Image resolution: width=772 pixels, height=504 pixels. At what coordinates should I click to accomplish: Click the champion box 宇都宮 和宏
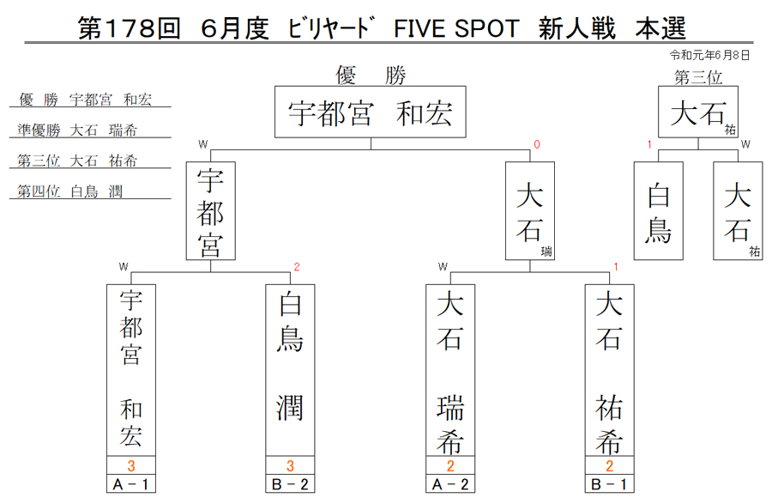click(371, 112)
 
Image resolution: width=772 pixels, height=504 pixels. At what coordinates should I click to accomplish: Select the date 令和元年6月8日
click(709, 55)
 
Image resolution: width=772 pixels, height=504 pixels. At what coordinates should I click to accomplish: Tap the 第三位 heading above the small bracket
click(698, 77)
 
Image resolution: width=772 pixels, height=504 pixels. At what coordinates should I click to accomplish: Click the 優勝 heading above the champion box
click(371, 76)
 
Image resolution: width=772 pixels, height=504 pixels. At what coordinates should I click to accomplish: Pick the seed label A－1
click(131, 484)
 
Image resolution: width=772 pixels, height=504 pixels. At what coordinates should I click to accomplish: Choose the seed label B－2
click(290, 484)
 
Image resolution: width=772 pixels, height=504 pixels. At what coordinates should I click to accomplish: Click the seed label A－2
click(450, 484)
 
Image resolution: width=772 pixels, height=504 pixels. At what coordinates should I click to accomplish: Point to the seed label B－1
click(610, 484)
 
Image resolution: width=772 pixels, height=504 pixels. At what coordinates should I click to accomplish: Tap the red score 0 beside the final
click(537, 144)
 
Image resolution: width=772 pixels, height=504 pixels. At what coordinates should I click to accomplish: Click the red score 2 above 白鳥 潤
click(297, 267)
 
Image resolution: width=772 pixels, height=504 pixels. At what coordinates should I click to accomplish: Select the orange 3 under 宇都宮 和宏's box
click(131, 465)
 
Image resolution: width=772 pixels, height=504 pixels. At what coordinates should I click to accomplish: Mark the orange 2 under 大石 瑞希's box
click(450, 465)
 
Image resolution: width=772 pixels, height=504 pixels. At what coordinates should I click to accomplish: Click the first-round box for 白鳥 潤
click(290, 370)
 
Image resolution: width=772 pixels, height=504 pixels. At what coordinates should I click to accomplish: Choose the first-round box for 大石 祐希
click(610, 370)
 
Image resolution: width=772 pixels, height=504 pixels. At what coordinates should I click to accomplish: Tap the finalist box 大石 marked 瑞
click(530, 211)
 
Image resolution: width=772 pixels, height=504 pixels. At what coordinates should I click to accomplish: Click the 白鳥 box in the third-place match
click(658, 211)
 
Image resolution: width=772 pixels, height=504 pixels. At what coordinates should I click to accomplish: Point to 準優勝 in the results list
click(39, 130)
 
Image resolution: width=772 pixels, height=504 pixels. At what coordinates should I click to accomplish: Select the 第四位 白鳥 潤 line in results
click(70, 191)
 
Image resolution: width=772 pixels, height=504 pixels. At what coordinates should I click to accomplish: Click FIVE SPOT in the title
click(456, 28)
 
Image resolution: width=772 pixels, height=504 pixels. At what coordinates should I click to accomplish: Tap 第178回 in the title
click(129, 28)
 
